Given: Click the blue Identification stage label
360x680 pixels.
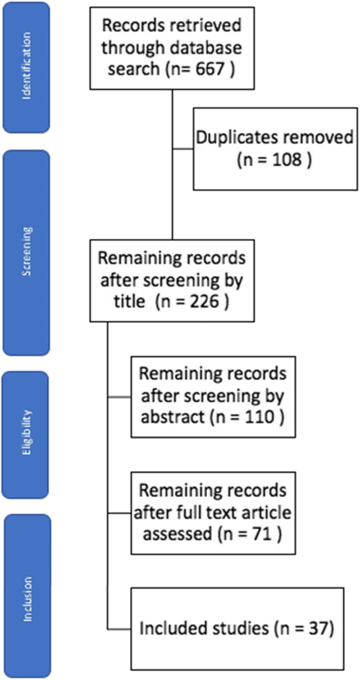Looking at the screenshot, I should (26, 67).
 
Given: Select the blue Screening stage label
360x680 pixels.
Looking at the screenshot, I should (26, 252).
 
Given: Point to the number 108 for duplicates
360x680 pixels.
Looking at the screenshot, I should (287, 160).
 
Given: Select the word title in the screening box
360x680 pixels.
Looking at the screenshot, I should (128, 301).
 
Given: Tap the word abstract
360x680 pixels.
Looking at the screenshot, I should (172, 416).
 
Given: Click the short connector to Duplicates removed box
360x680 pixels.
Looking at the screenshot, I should (183, 149).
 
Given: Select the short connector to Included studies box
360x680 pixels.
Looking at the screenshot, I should (119, 629).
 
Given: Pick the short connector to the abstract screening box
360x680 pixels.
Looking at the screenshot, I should (119, 397).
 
